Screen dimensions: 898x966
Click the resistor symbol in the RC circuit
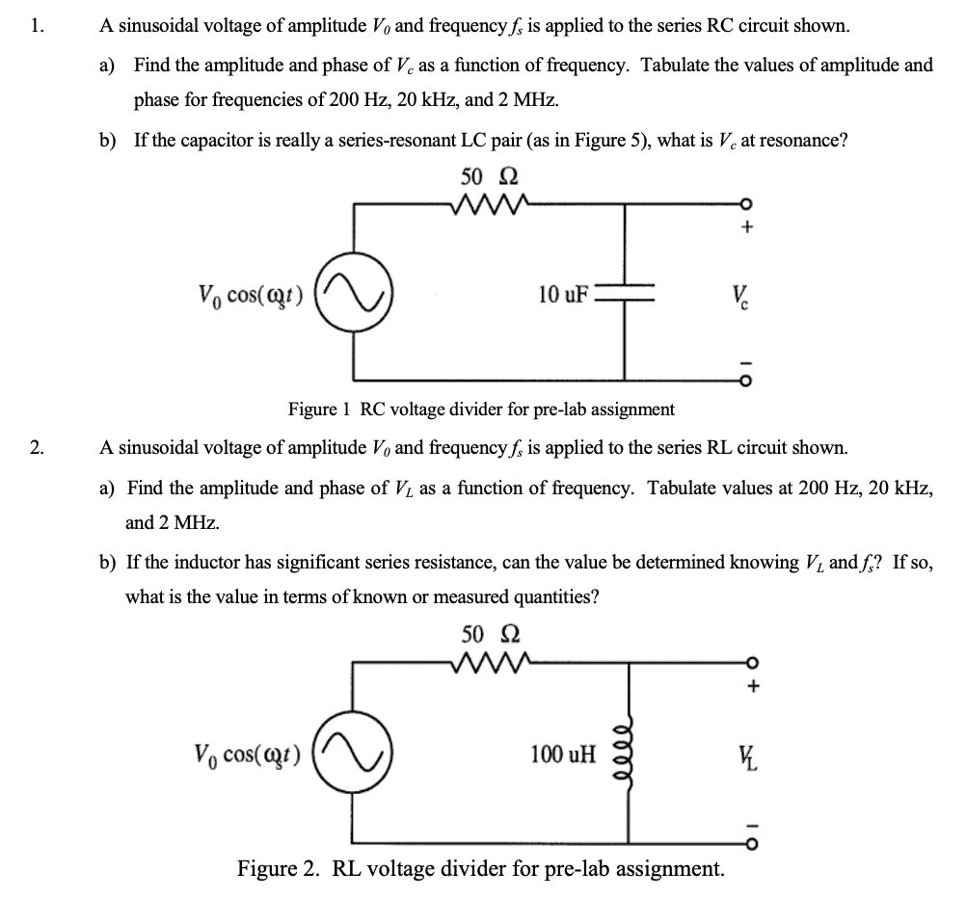tap(488, 204)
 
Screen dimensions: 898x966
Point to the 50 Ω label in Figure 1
tap(488, 177)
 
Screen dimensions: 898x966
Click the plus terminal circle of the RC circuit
tap(744, 204)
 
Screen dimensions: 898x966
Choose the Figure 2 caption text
tap(481, 868)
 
